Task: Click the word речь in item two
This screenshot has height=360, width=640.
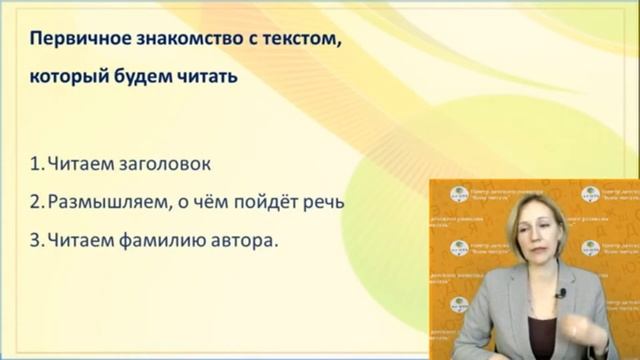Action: click(322, 202)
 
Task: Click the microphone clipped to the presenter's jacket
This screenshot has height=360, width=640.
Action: click(561, 293)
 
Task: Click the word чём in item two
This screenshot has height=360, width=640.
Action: click(213, 202)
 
